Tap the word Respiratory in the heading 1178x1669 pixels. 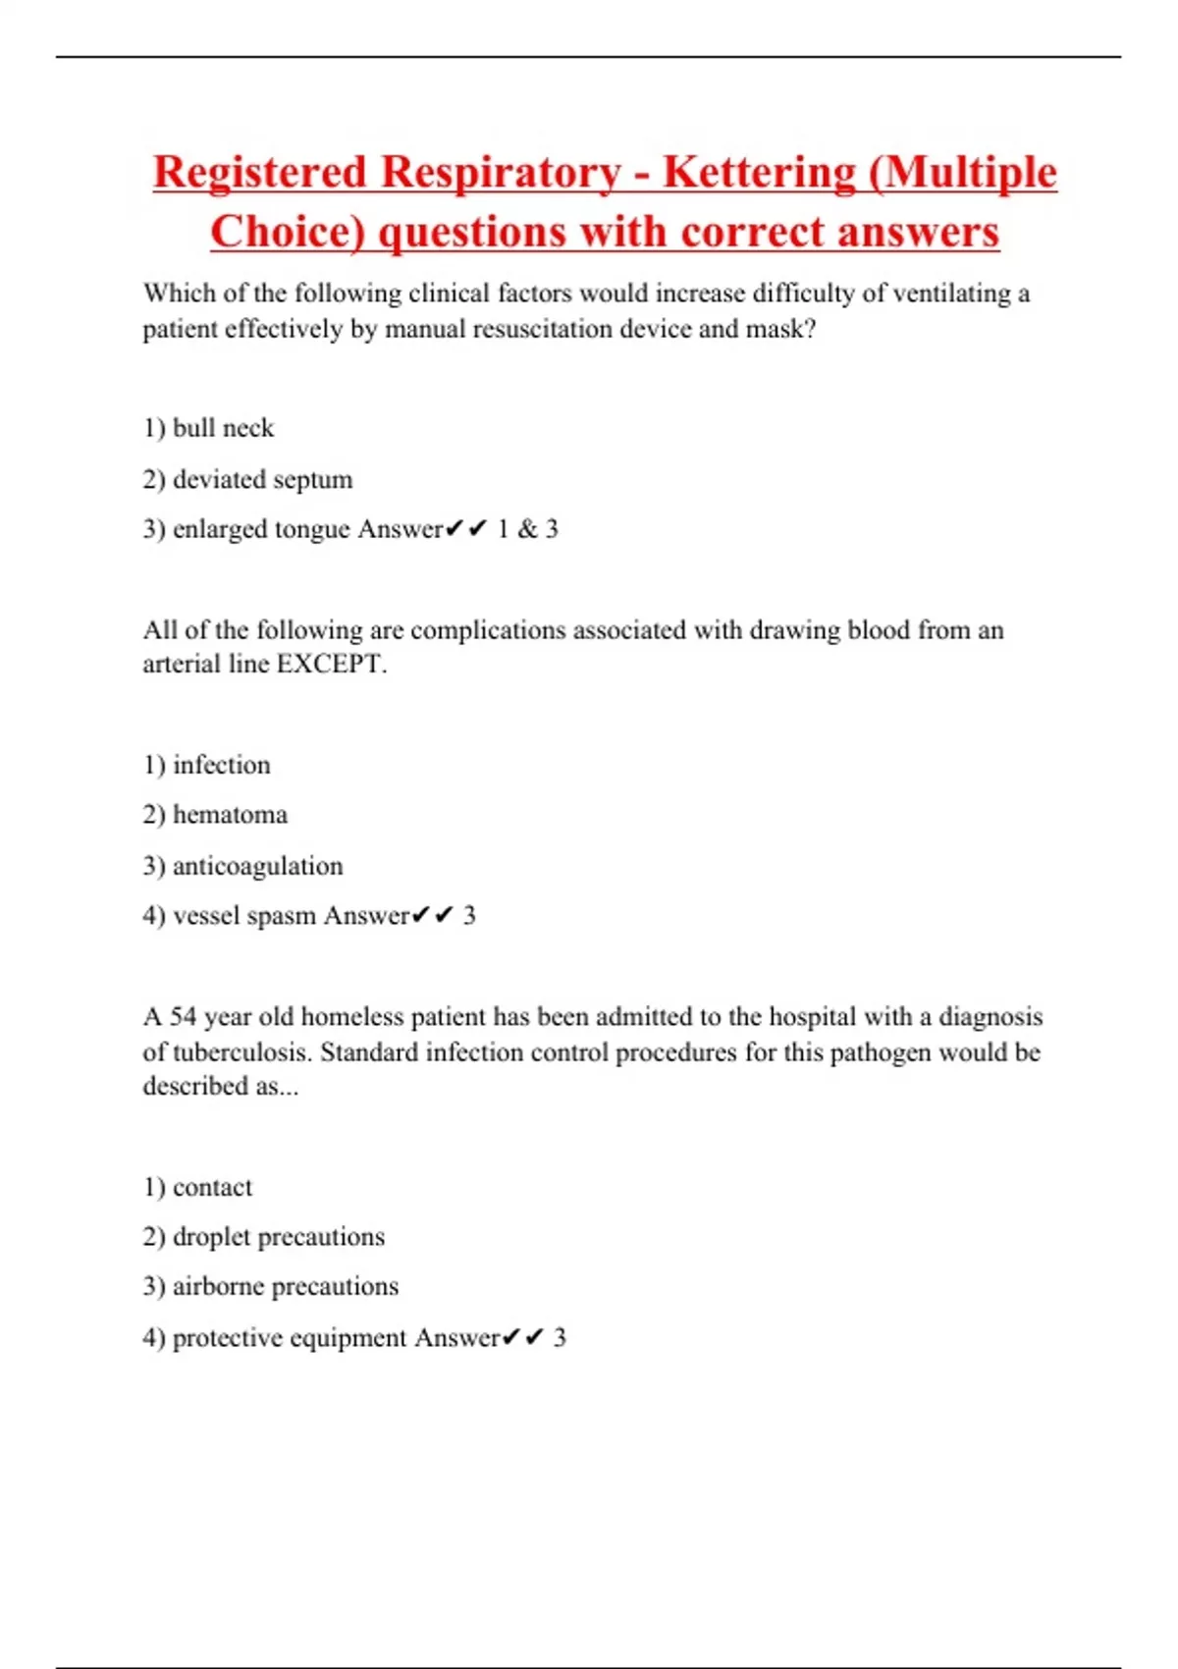[x=501, y=173]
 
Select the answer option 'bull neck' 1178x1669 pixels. [x=223, y=428]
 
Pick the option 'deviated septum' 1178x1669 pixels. [x=262, y=479]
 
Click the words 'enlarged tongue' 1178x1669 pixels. [x=261, y=529]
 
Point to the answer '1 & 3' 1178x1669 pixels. [x=527, y=529]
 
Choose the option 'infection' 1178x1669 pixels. [x=221, y=765]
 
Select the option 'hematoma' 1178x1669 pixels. [x=230, y=815]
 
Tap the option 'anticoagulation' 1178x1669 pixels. [x=257, y=866]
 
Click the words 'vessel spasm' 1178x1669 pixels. [x=244, y=916]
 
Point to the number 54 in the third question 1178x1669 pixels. [x=184, y=1016]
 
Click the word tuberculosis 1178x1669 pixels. [x=241, y=1052]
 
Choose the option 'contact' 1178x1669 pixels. [x=212, y=1187]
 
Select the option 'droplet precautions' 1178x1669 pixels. [x=278, y=1237]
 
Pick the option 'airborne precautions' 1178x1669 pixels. [x=285, y=1286]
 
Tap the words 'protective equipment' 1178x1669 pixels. [x=290, y=1337]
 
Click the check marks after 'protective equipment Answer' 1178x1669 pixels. [x=522, y=1337]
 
